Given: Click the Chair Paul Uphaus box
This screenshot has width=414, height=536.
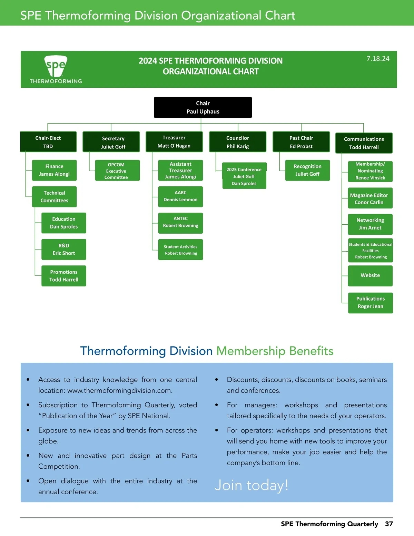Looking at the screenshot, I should click(203, 107).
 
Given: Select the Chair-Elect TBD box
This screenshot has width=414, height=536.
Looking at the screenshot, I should click(48, 142).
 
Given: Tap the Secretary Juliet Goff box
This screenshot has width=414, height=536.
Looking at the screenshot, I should click(111, 142).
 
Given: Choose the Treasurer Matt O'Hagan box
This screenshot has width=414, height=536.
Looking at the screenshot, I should click(174, 142).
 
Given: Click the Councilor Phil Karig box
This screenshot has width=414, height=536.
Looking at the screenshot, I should click(238, 142).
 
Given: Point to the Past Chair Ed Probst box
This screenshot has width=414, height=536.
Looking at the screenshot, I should click(301, 142).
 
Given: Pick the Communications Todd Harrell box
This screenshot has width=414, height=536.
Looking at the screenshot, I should click(364, 143).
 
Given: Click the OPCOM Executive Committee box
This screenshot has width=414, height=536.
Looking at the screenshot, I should click(117, 171).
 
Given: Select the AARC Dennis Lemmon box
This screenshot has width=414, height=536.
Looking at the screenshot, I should click(180, 196).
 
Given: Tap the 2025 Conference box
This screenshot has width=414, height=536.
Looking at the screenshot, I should click(244, 176).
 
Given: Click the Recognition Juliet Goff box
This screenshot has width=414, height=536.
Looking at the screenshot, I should click(307, 170).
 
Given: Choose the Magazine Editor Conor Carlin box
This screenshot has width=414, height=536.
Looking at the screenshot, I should click(370, 198).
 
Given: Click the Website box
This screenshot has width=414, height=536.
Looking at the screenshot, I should click(370, 275).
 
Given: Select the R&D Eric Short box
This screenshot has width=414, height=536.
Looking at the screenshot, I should click(64, 249).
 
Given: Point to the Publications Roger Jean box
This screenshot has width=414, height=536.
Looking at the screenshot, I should click(370, 303).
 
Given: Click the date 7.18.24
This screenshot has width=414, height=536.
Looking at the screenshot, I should click(378, 59).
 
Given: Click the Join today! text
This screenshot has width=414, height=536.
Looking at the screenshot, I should click(251, 485).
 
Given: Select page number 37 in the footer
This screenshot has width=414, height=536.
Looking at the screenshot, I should click(389, 524).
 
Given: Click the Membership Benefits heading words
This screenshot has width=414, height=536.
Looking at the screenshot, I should click(275, 351).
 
